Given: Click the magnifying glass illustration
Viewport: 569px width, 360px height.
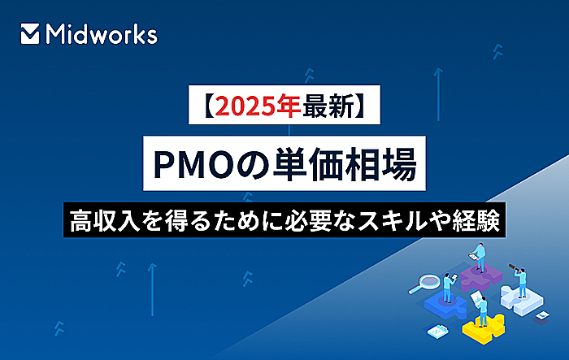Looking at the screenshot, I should pyautogui.click(x=423, y=284).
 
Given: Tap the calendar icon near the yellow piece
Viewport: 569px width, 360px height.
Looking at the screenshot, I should pyautogui.click(x=437, y=331).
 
